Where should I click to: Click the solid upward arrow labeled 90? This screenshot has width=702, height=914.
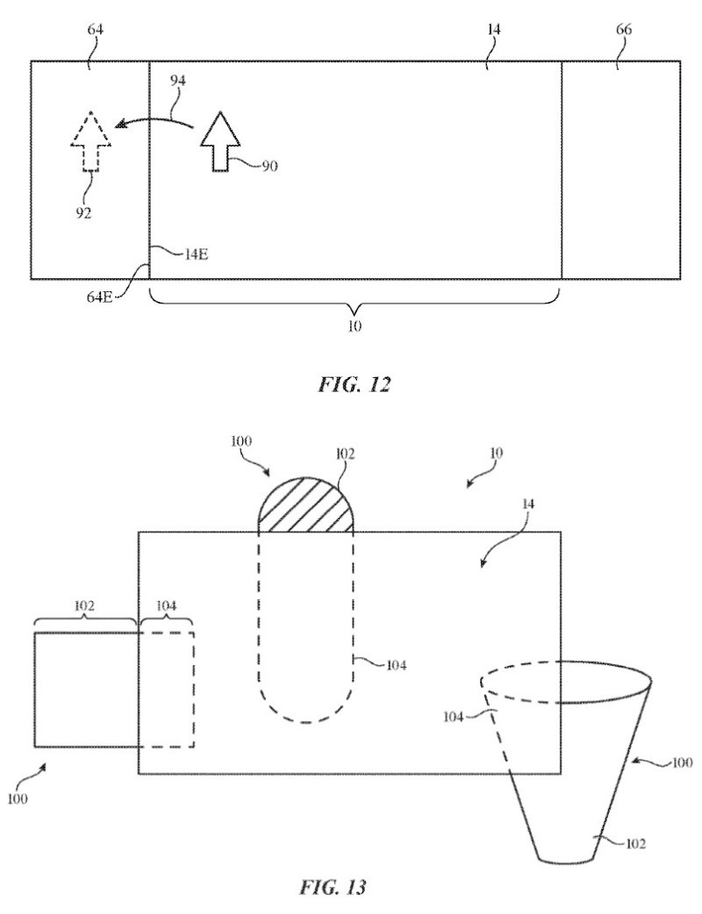point(219,141)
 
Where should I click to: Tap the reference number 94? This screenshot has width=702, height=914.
point(177,81)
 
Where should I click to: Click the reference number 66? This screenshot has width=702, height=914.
point(623,29)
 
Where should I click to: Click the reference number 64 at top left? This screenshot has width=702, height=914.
point(95,29)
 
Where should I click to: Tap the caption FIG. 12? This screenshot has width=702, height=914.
point(354,385)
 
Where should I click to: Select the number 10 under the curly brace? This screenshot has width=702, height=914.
point(355,325)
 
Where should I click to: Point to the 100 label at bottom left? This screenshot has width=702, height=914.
point(18,799)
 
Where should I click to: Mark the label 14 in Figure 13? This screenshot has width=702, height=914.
point(527,503)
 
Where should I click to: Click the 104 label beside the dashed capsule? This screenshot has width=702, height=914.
point(396,664)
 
